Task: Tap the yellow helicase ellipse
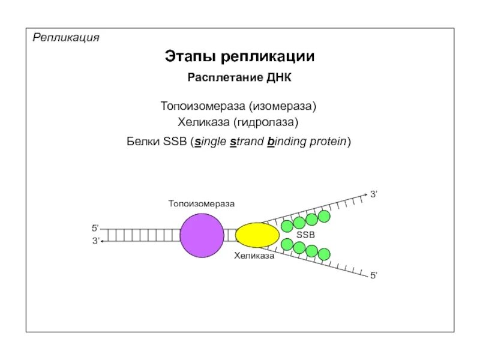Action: pyautogui.click(x=257, y=235)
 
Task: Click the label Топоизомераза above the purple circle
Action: pyautogui.click(x=201, y=204)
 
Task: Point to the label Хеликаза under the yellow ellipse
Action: pyautogui.click(x=254, y=256)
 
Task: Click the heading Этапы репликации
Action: pyautogui.click(x=240, y=57)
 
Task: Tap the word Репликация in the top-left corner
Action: pyautogui.click(x=66, y=38)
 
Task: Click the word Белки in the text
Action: pyautogui.click(x=143, y=142)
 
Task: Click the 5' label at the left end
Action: pyautogui.click(x=95, y=228)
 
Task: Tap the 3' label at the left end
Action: pyautogui.click(x=95, y=241)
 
